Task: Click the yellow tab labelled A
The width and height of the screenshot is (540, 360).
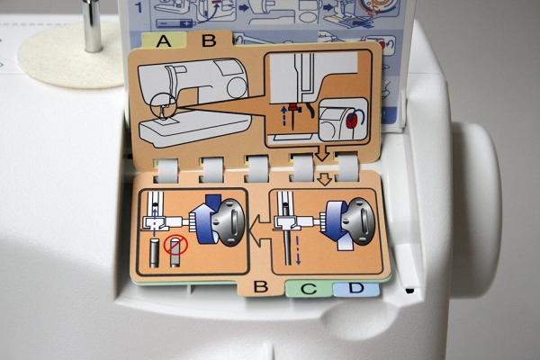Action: (164, 40)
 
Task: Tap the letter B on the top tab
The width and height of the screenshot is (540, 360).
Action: (209, 40)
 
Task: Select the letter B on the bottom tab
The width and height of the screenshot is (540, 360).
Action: (260, 286)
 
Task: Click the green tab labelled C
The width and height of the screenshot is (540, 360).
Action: (309, 288)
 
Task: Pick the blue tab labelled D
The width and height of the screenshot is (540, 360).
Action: (356, 288)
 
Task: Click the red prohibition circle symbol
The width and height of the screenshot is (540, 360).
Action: (175, 246)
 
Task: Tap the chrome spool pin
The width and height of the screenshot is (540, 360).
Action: (93, 26)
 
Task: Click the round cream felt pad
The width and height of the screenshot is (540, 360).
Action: (70, 55)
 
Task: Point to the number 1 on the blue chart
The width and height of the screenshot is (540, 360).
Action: (139, 7)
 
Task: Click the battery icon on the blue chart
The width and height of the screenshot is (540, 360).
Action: (175, 23)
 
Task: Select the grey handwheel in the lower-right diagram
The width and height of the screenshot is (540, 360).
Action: (358, 221)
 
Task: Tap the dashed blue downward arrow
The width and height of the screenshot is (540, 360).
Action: (298, 251)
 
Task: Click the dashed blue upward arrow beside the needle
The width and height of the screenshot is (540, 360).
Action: (283, 115)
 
